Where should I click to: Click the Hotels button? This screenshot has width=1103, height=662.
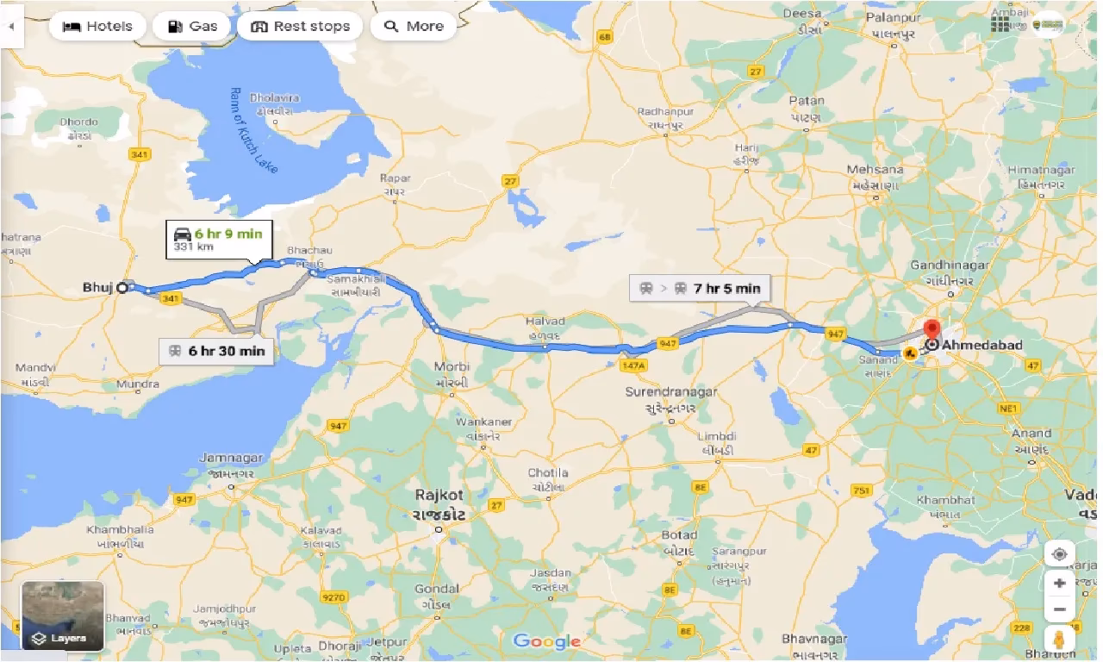[97, 26]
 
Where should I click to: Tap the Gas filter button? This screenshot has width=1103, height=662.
[191, 26]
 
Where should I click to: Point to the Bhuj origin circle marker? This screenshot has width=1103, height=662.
[123, 287]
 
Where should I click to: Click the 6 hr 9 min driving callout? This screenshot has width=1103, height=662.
[220, 240]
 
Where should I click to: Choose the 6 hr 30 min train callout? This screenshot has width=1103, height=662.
[216, 351]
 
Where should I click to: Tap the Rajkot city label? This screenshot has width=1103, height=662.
[439, 496]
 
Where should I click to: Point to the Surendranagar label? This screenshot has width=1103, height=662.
[671, 392]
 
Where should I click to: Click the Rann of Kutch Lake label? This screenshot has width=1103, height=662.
[255, 130]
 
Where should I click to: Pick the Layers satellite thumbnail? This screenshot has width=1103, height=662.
[63, 615]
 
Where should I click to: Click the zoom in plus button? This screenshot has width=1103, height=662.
[1059, 583]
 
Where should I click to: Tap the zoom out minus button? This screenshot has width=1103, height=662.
[1059, 610]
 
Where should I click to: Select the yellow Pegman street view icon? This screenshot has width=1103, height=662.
[1059, 640]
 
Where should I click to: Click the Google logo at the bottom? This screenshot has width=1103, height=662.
[546, 641]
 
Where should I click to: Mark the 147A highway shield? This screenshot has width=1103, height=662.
[633, 365]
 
